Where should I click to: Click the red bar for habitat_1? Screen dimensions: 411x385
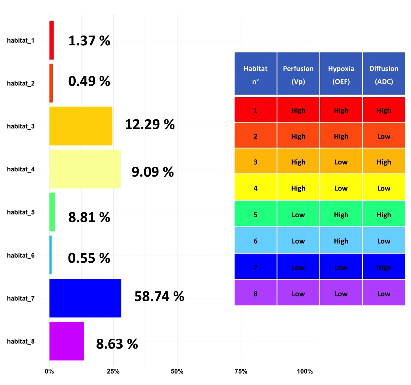[51, 40]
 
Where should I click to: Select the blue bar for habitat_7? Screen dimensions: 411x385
[85, 298]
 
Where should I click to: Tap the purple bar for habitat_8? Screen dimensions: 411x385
[66, 341]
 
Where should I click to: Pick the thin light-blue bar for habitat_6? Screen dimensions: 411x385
[50, 255]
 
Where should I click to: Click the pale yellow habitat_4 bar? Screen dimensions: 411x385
[85, 169]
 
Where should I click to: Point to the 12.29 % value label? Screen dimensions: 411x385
[150, 124]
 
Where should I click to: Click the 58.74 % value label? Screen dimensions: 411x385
[159, 296]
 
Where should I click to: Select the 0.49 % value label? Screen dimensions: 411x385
[89, 81]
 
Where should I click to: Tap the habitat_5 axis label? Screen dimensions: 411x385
[21, 212]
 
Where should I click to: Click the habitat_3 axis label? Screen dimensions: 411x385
[21, 126]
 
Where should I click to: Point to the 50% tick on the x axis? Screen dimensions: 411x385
[177, 371]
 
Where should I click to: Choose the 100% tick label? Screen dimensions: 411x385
[305, 371]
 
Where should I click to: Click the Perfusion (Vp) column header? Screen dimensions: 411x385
[298, 73]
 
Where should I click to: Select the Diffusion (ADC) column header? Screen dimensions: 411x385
[384, 73]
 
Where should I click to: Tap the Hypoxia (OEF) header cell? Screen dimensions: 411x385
[341, 73]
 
